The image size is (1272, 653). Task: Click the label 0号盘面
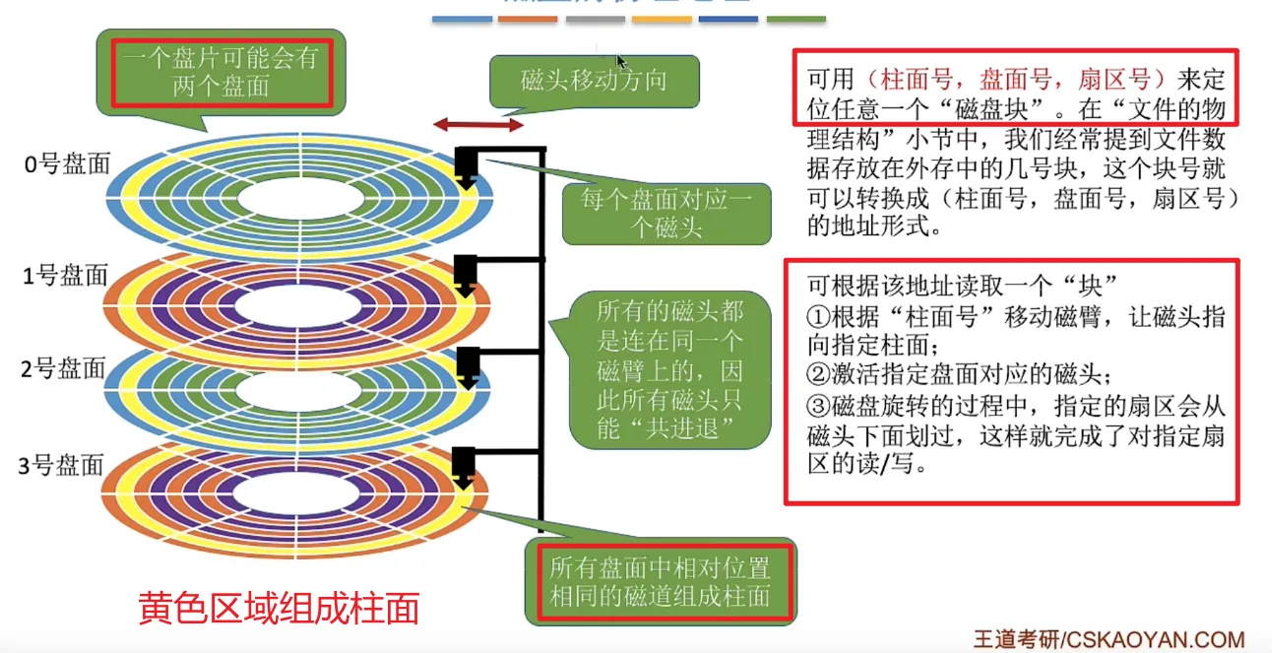pyautogui.click(x=67, y=164)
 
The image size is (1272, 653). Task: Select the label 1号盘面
pyautogui.click(x=65, y=277)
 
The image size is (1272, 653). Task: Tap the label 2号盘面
pyautogui.click(x=64, y=369)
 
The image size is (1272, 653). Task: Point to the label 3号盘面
pyautogui.click(x=64, y=464)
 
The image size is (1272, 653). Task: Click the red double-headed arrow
pyautogui.click(x=479, y=125)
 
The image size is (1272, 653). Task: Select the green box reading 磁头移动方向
pyautogui.click(x=594, y=81)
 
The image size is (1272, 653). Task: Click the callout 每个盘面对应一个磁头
pyautogui.click(x=666, y=215)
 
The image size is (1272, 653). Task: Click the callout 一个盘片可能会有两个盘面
pyautogui.click(x=220, y=72)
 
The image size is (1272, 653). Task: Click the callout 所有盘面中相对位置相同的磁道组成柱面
pyautogui.click(x=660, y=581)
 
